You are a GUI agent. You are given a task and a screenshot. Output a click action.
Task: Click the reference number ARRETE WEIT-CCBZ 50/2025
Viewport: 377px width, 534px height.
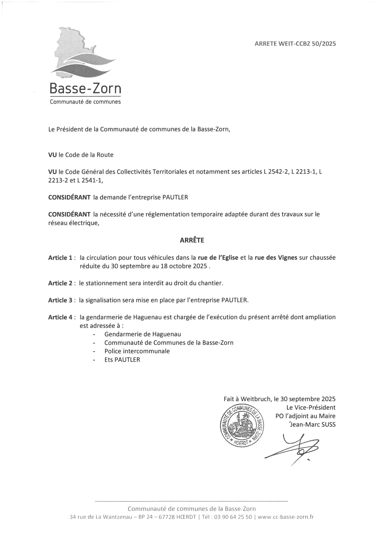[x=295, y=44]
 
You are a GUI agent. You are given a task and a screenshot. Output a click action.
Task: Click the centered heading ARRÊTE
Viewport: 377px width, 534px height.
[x=192, y=240]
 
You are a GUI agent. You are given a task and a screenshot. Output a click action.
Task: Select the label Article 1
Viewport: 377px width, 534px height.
[x=60, y=258]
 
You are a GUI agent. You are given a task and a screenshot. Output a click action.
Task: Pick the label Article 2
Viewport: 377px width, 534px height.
[x=60, y=283]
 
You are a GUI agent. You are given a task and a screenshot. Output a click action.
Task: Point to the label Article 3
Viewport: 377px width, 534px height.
[x=60, y=300]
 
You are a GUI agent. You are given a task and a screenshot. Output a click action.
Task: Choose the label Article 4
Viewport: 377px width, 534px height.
[x=60, y=317]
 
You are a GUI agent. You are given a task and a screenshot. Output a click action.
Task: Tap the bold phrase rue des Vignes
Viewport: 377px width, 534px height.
[x=276, y=258]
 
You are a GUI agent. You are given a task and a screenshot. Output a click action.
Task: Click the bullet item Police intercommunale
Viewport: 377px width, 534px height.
[x=137, y=351]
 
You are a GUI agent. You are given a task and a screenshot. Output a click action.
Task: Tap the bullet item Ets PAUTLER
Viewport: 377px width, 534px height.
[x=122, y=360]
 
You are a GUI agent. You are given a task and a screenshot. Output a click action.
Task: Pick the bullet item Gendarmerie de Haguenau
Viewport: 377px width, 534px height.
[x=143, y=334]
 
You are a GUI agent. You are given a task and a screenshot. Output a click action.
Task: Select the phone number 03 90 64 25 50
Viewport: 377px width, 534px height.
[x=233, y=517]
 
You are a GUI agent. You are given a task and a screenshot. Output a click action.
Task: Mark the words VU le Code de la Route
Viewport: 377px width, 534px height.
[x=81, y=155]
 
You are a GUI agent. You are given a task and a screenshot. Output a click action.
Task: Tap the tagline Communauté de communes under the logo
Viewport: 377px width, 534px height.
[x=85, y=102]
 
